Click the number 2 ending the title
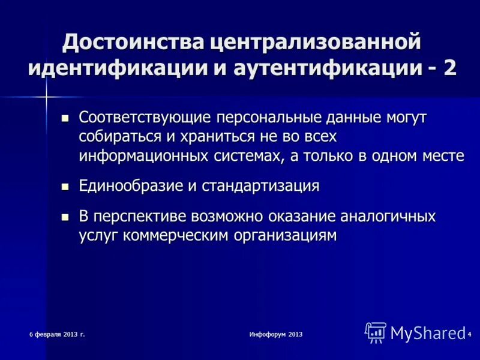(x=449, y=68)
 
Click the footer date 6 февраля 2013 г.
(x=58, y=333)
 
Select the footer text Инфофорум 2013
(x=276, y=333)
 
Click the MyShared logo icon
(x=376, y=332)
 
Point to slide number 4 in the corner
(x=469, y=334)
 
